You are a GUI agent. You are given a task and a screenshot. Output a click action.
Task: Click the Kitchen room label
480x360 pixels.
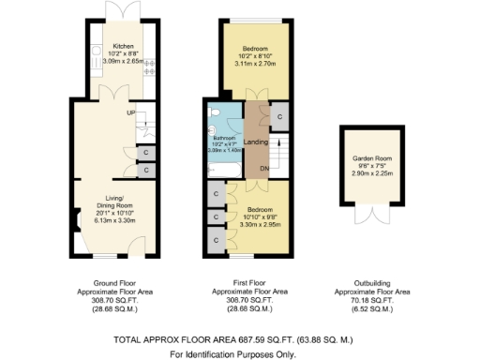coord(125,46)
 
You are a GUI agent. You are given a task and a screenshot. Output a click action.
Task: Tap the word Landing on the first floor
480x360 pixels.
coord(256,142)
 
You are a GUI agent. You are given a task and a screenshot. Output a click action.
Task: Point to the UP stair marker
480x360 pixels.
coord(132,113)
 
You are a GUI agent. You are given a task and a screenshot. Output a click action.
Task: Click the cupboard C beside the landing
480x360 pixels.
coord(278,116)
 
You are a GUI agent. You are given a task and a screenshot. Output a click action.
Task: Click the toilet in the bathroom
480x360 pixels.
coord(216,112)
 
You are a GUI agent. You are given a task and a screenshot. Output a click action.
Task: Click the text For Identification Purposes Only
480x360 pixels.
coord(232,353)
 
